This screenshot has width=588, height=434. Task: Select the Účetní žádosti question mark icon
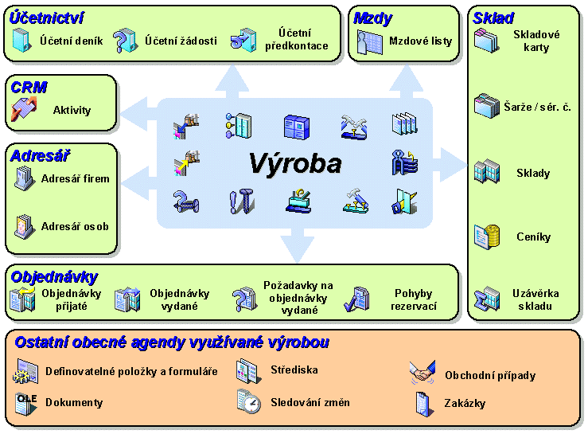click(x=125, y=40)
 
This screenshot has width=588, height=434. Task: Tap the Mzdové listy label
click(x=420, y=41)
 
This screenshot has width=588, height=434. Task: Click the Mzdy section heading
click(x=372, y=18)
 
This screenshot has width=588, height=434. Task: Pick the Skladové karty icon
click(x=486, y=40)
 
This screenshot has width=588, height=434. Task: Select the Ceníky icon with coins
click(x=486, y=237)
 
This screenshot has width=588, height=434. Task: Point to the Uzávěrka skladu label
click(x=536, y=299)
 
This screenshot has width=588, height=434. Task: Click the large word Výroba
click(x=294, y=164)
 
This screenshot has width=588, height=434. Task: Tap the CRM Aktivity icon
click(x=25, y=110)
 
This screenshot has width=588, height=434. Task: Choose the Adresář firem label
click(x=76, y=178)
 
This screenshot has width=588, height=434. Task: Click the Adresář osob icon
click(x=25, y=226)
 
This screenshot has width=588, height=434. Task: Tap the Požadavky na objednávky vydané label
click(x=298, y=298)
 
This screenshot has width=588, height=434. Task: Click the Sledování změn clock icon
click(x=249, y=402)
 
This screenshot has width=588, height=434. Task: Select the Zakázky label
click(x=465, y=403)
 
